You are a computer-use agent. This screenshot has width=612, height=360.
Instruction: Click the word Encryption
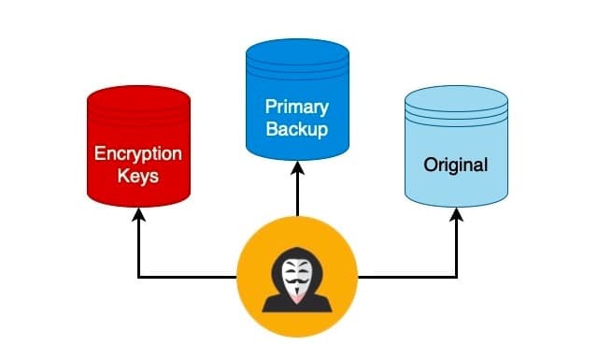coord(138,153)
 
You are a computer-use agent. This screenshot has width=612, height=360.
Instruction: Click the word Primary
coord(297,107)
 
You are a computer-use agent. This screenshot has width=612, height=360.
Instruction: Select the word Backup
coord(297,129)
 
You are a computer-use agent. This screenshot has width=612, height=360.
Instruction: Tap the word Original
coord(456,166)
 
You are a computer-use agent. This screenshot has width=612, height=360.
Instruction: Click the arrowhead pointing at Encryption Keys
coord(139,214)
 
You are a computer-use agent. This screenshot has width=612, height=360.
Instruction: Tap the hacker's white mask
coord(296,275)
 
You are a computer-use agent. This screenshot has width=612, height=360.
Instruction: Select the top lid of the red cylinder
coord(138,97)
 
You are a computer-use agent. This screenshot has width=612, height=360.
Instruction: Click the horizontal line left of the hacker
coord(187,277)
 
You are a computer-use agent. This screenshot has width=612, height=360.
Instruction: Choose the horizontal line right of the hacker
coord(407,277)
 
